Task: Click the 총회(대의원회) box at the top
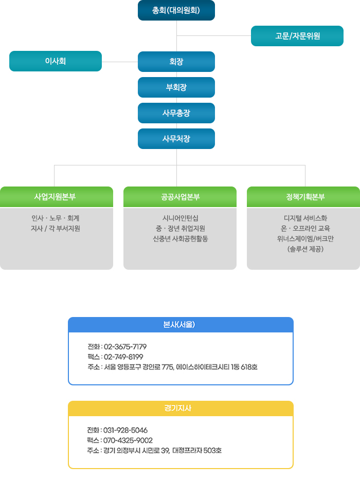click(176, 10)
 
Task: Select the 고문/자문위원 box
click(297, 36)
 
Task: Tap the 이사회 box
click(56, 61)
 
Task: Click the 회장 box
click(176, 62)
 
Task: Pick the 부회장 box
click(176, 87)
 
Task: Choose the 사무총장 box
click(176, 113)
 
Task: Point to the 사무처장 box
click(176, 139)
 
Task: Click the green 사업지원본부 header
click(57, 197)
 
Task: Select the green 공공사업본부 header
click(180, 197)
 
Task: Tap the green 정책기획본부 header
click(303, 197)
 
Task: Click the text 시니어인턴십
click(180, 218)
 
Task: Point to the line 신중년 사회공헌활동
click(180, 238)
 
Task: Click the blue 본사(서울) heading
click(181, 325)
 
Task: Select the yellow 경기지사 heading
click(181, 408)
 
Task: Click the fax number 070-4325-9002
click(128, 440)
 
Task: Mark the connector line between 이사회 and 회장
click(120, 62)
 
